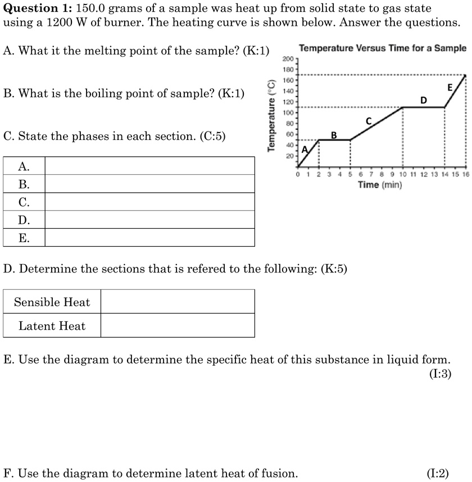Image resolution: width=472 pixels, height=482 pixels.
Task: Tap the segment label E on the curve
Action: (450, 87)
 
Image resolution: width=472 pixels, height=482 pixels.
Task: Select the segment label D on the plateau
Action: (424, 100)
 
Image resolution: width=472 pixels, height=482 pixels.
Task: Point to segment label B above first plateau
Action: (334, 135)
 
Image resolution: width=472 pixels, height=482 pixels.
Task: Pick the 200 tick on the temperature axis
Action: (288, 58)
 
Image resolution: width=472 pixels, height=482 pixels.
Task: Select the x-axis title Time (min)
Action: (380, 185)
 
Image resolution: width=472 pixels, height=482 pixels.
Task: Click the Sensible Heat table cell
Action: (52, 302)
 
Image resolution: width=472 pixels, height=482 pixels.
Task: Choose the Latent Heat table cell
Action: (52, 326)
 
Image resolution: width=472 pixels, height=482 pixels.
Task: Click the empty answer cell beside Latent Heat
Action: (178, 326)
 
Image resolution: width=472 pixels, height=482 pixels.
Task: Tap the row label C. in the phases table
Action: (24, 202)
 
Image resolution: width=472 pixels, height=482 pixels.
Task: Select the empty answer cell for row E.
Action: (149, 238)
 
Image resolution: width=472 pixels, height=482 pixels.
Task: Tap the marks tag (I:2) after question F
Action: (438, 473)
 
